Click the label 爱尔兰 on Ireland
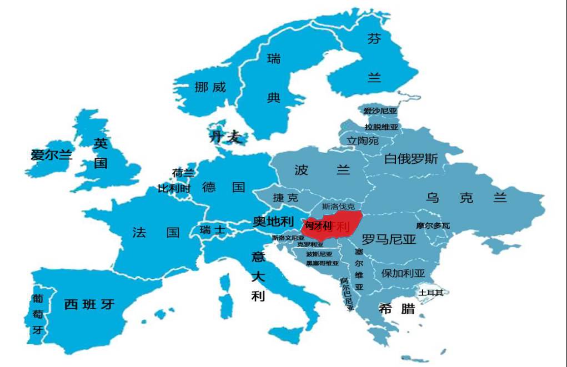pyautogui.click(x=52, y=155)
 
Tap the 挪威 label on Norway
pyautogui.click(x=210, y=87)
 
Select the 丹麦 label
pyautogui.click(x=225, y=137)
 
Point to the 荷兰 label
pyautogui.click(x=183, y=173)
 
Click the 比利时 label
pyautogui.click(x=174, y=188)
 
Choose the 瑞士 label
pyautogui.click(x=213, y=230)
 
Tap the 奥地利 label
pyautogui.click(x=273, y=222)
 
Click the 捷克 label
pyautogui.click(x=285, y=198)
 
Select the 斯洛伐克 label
pyautogui.click(x=338, y=206)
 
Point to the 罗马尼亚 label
pyautogui.click(x=389, y=240)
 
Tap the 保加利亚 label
pyautogui.click(x=403, y=273)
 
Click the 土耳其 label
pyautogui.click(x=431, y=293)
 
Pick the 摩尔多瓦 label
pyautogui.click(x=433, y=225)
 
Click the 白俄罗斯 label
pyautogui.click(x=411, y=159)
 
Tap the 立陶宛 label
pyautogui.click(x=362, y=141)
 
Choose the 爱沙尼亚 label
pyautogui.click(x=380, y=111)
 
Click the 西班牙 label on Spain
pyautogui.click(x=89, y=304)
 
